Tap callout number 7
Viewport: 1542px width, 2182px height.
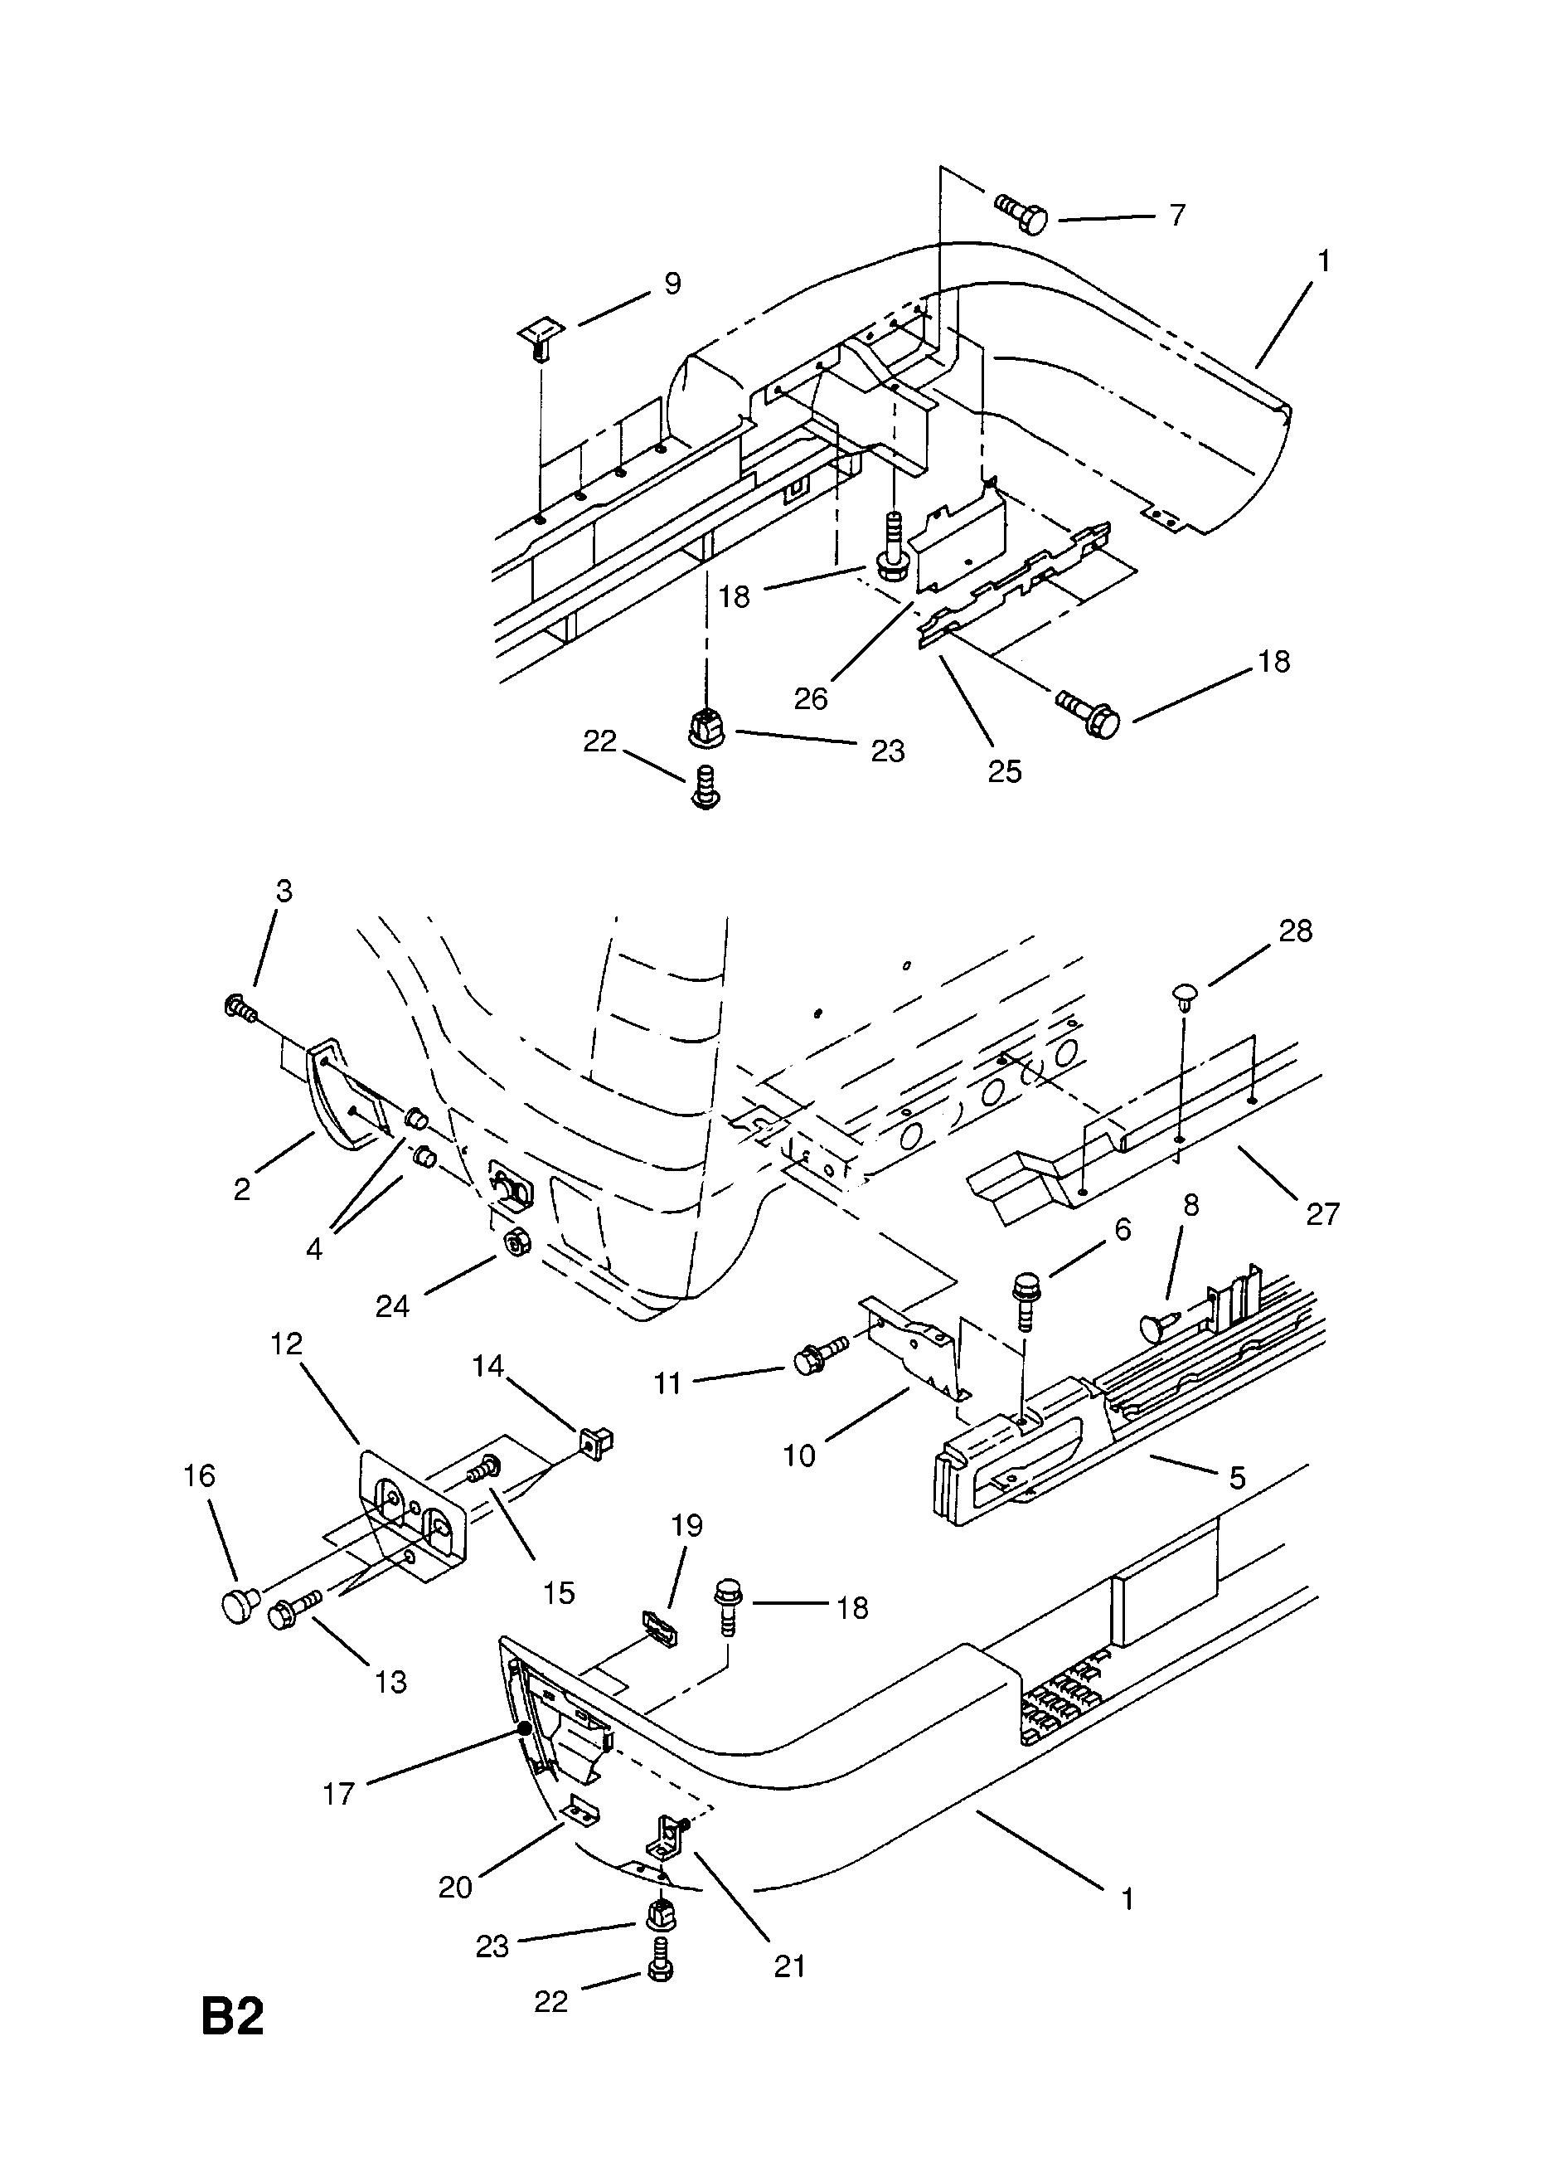1177,216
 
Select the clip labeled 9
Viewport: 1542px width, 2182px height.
540,339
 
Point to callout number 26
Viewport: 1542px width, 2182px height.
811,698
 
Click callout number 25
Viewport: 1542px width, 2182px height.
1004,770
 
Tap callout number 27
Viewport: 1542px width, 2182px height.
1322,1213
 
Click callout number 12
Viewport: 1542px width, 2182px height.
286,1343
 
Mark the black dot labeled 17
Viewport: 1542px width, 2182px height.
523,1728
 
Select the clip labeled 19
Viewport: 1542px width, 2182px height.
658,1628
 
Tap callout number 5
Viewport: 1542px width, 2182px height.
1237,1477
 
